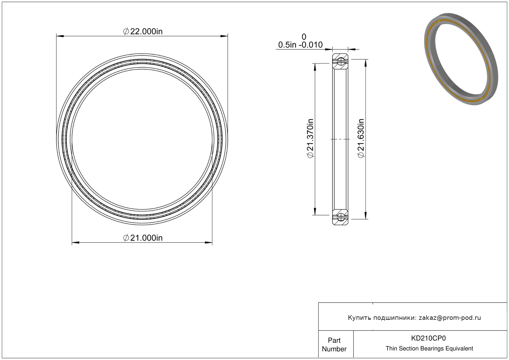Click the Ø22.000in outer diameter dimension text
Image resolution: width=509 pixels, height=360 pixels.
pos(143,31)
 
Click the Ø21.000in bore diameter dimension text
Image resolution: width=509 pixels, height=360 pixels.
pos(143,238)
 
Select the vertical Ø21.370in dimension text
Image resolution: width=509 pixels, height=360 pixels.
pos(310,138)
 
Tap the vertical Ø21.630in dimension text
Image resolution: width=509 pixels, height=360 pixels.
pos(361,138)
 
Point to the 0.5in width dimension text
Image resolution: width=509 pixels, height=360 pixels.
pos(287,45)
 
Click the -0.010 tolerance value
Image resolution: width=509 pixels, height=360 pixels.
pos(311,45)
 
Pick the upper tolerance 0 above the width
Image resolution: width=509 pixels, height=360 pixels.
pos(304,37)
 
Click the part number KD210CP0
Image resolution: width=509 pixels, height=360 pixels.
pos(428,338)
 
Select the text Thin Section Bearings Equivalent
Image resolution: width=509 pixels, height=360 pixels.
pos(429,348)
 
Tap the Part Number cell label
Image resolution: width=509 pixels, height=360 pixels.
pos(334,344)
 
